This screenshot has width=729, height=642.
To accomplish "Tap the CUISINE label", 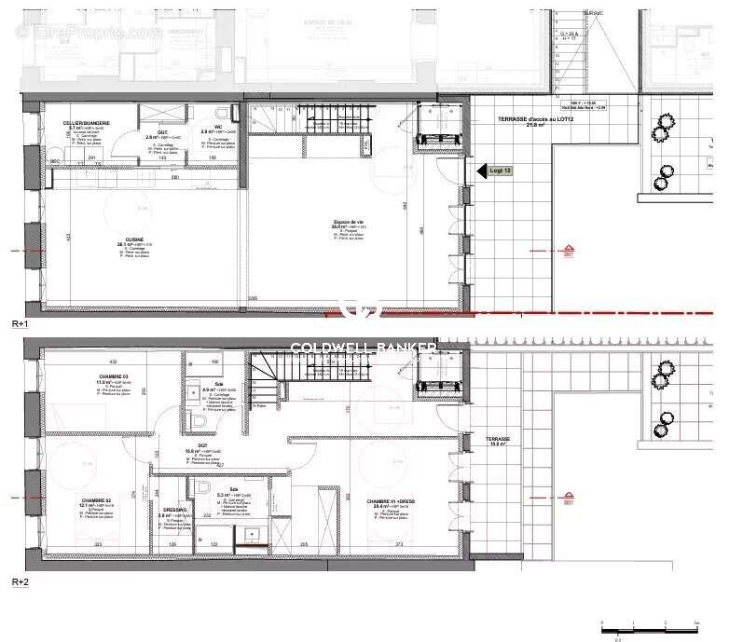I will [122, 238].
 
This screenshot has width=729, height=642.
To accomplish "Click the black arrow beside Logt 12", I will [482, 171].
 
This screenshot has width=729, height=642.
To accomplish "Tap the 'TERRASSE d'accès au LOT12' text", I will [530, 120].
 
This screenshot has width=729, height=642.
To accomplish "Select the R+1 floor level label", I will [21, 323].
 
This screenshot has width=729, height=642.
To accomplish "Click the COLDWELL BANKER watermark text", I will [364, 348].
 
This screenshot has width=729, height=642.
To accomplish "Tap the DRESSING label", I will [173, 510].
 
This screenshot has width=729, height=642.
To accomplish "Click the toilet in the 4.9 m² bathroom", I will [197, 421].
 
